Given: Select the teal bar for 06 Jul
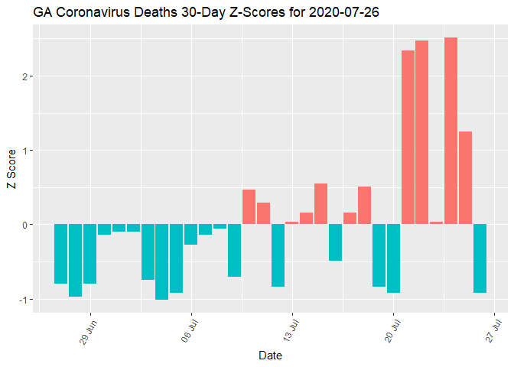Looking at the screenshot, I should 190,234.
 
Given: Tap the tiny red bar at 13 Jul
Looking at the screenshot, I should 292,223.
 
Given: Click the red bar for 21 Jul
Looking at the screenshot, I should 408,138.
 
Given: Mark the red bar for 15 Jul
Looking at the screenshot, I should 321,204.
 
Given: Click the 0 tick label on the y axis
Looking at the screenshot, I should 25,225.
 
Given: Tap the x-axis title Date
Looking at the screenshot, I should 268,356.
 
